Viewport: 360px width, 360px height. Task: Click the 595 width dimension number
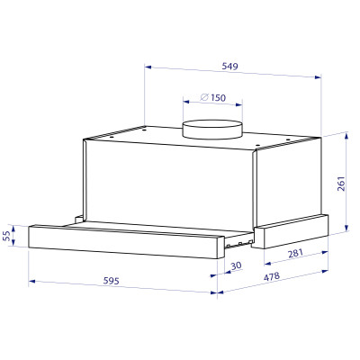click(x=112, y=281)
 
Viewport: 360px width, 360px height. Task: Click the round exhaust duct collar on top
click(x=212, y=129)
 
